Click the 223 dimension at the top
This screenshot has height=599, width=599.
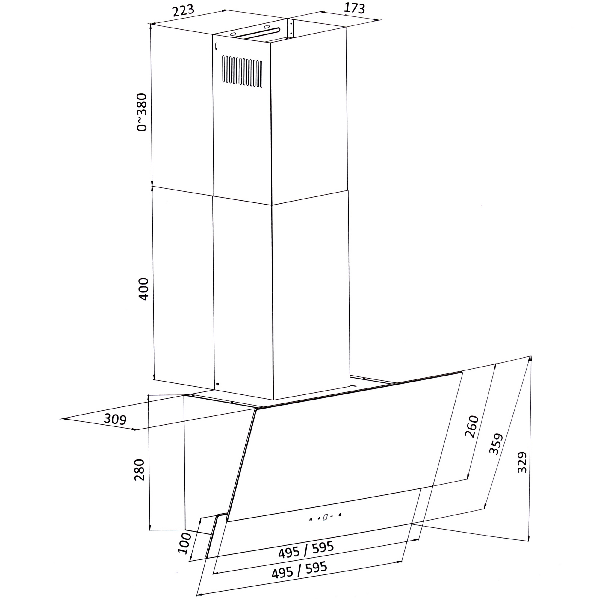183,10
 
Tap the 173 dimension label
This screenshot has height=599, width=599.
354,8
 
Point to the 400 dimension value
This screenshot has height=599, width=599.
143,289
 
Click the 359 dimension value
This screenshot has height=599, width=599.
495,444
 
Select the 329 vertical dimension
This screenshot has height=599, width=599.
522,462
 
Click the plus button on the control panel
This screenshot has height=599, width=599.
319,518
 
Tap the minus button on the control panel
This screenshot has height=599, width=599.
332,516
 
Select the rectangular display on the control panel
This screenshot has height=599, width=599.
325,517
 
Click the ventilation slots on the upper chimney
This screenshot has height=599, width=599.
242,71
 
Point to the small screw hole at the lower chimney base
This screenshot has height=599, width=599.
217,384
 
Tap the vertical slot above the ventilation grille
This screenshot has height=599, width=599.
216,46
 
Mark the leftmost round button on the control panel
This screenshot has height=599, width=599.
311,520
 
